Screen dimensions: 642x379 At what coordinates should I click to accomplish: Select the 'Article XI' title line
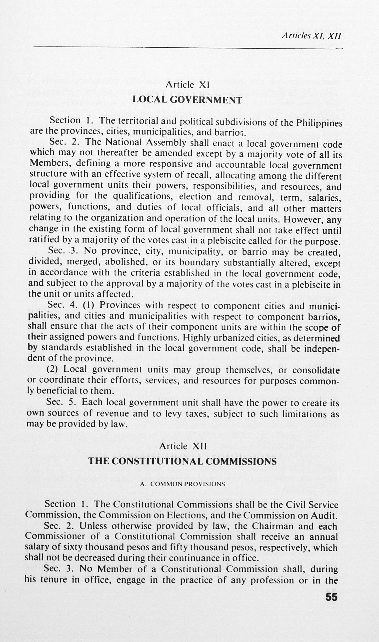click(x=187, y=85)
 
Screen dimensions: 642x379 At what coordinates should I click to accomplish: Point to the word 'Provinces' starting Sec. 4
click(x=121, y=305)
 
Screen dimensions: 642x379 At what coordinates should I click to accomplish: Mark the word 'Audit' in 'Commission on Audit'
click(x=323, y=516)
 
